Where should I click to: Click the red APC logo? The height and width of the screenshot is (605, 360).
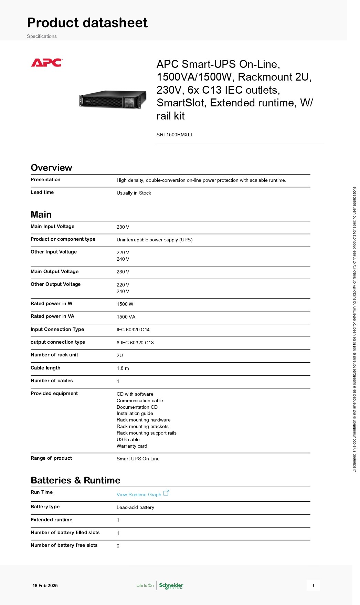46,63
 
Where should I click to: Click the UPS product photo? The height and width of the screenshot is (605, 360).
113,100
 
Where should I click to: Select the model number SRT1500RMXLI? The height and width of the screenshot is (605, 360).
174,135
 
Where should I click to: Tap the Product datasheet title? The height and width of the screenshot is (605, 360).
87,23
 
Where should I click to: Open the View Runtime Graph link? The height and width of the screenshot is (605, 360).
139,494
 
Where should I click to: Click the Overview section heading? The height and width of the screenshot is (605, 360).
51,168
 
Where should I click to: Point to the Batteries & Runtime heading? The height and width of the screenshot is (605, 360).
75,480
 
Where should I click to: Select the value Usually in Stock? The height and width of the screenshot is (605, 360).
134,193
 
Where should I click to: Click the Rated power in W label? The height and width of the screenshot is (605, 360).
52,303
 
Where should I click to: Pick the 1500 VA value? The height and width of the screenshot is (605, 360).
126,317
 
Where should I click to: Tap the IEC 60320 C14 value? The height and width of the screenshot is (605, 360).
133,330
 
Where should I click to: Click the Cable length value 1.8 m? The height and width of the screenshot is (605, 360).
123,368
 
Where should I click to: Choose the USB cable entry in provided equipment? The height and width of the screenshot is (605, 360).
128,439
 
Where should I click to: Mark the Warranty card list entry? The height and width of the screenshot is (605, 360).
132,446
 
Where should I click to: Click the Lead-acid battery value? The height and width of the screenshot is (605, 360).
135,507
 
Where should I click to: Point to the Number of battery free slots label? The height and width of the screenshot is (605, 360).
64,545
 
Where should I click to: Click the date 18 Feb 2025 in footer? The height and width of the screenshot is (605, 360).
45,585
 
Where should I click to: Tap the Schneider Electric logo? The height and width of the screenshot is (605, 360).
171,585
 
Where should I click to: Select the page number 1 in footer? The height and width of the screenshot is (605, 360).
313,585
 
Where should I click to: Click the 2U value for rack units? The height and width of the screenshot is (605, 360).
120,355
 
